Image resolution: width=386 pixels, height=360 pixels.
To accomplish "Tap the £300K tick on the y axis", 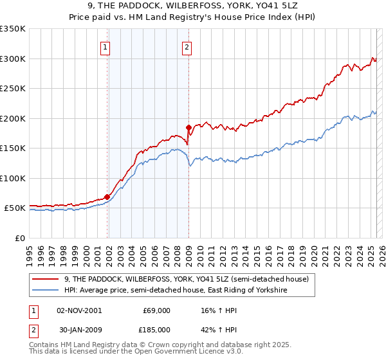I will click(x=13, y=59).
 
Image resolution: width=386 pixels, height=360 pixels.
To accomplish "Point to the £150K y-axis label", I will click(x=13, y=148).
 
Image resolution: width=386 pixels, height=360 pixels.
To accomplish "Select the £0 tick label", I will click(x=19, y=238).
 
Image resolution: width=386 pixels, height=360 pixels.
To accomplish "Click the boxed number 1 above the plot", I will click(x=105, y=46).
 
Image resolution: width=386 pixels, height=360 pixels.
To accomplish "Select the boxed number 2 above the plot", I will click(x=186, y=46).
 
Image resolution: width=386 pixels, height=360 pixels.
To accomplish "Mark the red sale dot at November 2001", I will click(x=107, y=197).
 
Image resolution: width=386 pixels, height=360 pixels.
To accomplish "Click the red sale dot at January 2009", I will click(x=188, y=127).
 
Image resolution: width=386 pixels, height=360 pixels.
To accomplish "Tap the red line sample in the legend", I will click(x=45, y=279).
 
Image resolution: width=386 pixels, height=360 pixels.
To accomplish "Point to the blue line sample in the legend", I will click(x=45, y=291).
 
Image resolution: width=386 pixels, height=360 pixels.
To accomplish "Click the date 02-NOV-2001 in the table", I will click(x=79, y=310).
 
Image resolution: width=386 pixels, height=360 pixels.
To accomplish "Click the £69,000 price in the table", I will click(x=157, y=310).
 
